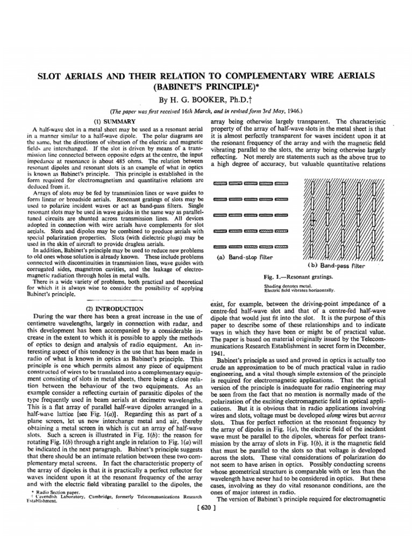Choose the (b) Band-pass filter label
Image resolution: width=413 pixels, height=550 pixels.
pyautogui.click(x=343, y=265)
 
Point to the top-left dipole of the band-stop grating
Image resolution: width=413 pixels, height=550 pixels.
pyautogui.click(x=220, y=184)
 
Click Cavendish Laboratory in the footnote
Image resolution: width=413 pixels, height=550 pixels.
pyautogui.click(x=59, y=526)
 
